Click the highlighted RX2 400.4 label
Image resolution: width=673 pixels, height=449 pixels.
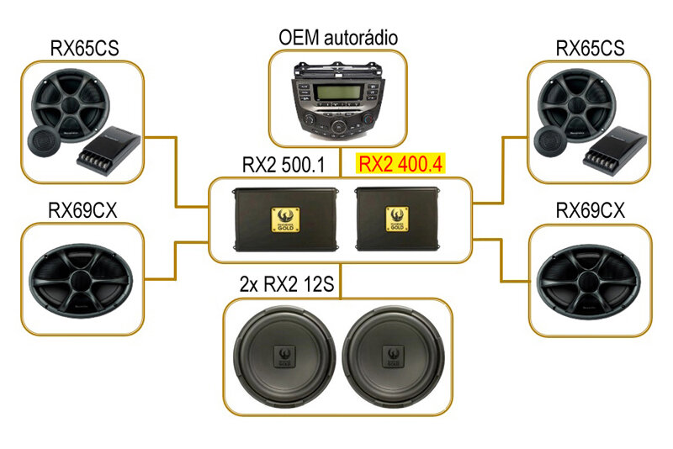point(400,163)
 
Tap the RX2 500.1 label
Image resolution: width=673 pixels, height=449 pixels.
point(284,163)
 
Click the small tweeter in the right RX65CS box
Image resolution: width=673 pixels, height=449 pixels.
point(549,142)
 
